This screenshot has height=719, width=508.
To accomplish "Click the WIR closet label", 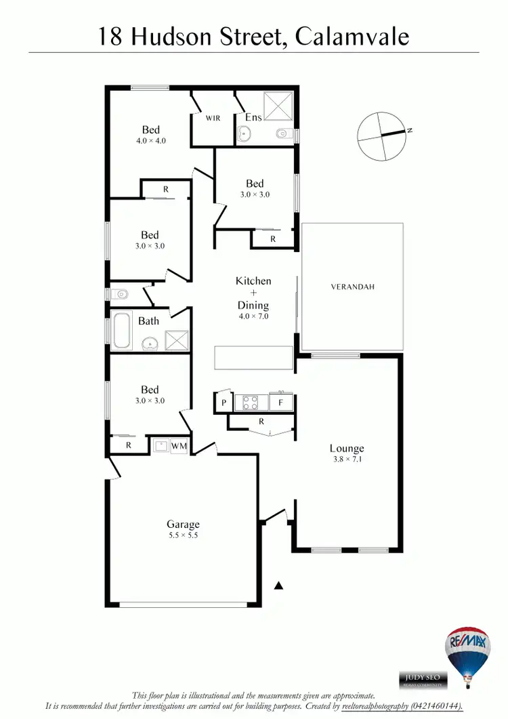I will pos(213,118).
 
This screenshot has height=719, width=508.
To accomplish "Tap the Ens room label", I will pos(253,117).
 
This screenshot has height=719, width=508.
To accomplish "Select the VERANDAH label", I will pos(353,287).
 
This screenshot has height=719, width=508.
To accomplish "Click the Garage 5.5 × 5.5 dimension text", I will pos(184,535).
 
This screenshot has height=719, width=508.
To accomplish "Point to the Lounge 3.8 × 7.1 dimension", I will pos(347,459).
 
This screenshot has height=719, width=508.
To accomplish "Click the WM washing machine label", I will pos(179,445).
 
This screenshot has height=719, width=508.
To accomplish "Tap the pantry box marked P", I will pos(223,403).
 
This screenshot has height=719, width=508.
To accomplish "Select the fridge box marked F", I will pos(280,403).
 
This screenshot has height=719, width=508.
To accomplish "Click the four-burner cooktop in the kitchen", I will pos(250,403).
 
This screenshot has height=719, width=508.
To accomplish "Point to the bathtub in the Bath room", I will pos(123,330).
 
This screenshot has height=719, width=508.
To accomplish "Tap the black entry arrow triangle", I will pos(278,585).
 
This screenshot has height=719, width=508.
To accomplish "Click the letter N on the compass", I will pos(410,131).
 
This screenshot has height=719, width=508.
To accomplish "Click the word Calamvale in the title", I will pos(353,36).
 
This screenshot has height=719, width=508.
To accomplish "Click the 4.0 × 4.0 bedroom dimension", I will pos(151,141).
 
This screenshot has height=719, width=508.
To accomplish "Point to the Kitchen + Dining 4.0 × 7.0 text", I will pos(253,316).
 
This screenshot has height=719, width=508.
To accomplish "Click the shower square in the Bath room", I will pos(178,339).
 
